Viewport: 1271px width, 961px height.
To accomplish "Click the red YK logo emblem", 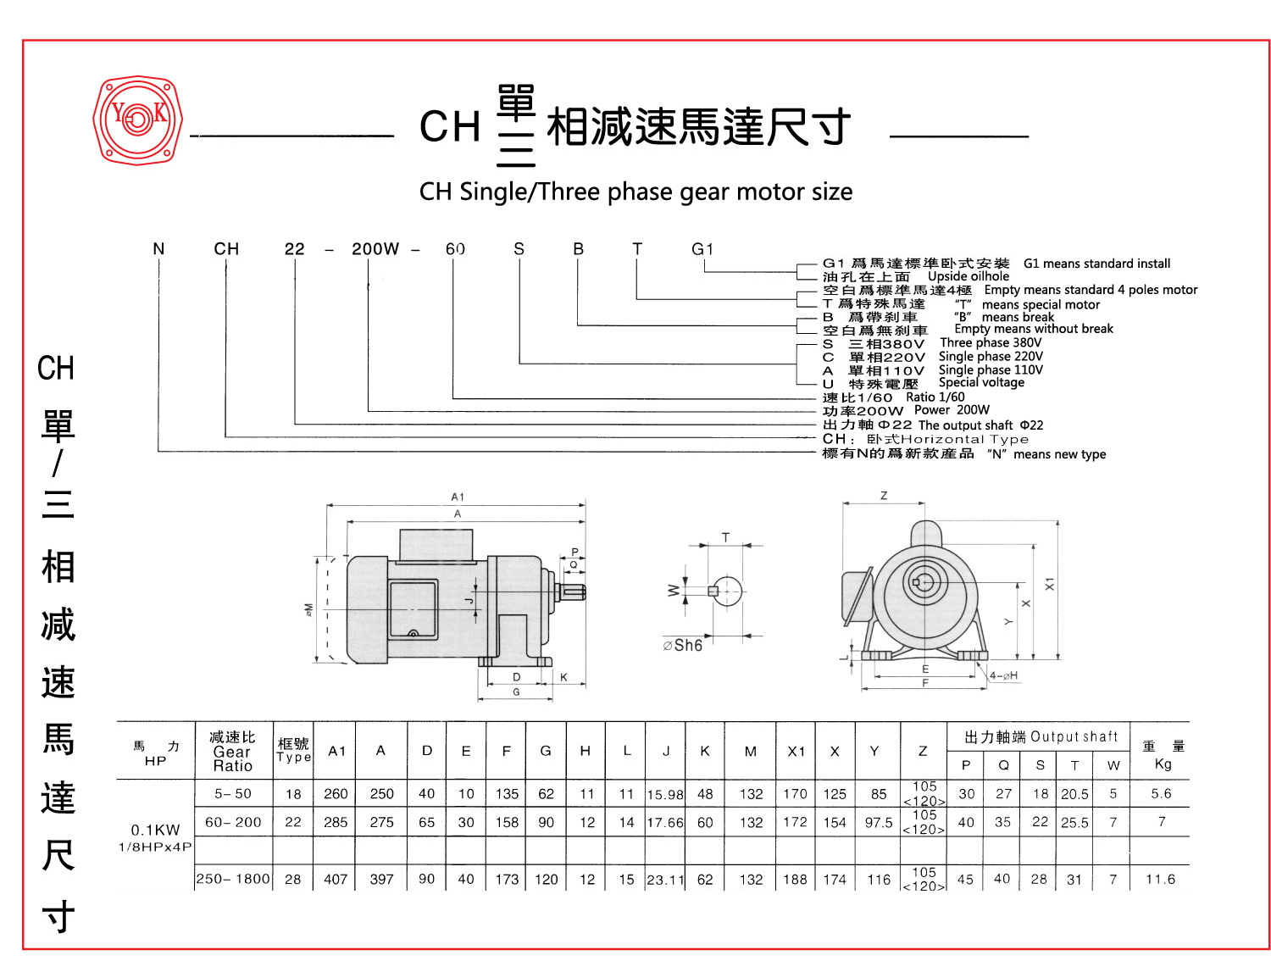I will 137,119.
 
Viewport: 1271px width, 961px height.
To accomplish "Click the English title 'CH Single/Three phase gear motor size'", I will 635,192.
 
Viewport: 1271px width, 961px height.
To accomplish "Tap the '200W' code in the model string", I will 375,249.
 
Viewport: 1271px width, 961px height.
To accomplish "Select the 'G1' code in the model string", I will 702,249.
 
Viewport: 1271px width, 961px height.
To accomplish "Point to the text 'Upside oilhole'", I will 969,276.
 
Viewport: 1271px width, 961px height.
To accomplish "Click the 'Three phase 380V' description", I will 991,343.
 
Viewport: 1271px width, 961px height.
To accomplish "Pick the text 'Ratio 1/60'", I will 935,397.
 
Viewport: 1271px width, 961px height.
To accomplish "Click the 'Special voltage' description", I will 981,383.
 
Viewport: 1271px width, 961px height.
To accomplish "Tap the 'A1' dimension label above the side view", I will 458,497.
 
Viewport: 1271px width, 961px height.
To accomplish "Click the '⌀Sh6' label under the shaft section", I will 683,646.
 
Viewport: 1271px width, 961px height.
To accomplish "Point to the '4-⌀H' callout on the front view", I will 1003,675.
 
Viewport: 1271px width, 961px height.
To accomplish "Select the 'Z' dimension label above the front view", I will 884,496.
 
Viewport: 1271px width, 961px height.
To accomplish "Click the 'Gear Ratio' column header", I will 232,752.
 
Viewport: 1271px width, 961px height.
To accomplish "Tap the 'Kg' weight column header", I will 1163,764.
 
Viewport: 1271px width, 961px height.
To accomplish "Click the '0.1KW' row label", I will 155,830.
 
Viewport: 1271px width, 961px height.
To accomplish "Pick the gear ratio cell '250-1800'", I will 233,880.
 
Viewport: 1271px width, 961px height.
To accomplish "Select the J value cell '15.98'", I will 665,795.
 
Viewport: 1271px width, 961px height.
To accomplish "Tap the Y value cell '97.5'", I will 879,823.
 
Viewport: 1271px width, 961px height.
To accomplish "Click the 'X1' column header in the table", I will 796,751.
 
